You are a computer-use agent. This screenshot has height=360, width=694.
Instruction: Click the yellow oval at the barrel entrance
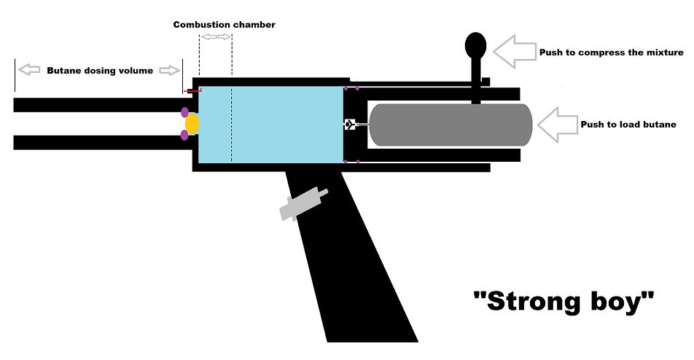[x=192, y=124]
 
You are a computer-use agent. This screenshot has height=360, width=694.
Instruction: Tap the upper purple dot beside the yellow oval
[x=184, y=112]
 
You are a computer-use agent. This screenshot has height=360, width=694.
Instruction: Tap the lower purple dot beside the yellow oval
[x=184, y=135]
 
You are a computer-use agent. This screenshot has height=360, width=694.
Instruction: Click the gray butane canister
[x=450, y=125]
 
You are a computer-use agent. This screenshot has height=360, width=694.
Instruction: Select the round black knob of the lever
[x=477, y=45]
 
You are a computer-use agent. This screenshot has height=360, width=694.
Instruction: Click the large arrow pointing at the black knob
[x=514, y=50]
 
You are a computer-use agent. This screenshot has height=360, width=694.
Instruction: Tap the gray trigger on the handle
[x=303, y=202]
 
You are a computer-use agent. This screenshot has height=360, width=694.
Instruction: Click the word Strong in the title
[x=531, y=300]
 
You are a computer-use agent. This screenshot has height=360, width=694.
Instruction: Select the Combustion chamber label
[x=224, y=25]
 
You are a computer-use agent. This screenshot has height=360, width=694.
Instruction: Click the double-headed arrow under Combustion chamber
[x=216, y=36]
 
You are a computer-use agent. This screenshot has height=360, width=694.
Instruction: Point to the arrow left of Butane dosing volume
[x=30, y=70]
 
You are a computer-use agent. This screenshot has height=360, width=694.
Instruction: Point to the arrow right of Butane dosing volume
[x=170, y=70]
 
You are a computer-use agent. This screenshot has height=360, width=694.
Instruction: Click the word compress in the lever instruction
[x=596, y=52]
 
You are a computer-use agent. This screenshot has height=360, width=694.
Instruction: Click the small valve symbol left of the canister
[x=350, y=125]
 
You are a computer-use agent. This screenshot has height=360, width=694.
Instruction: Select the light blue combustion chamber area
[x=284, y=124]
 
